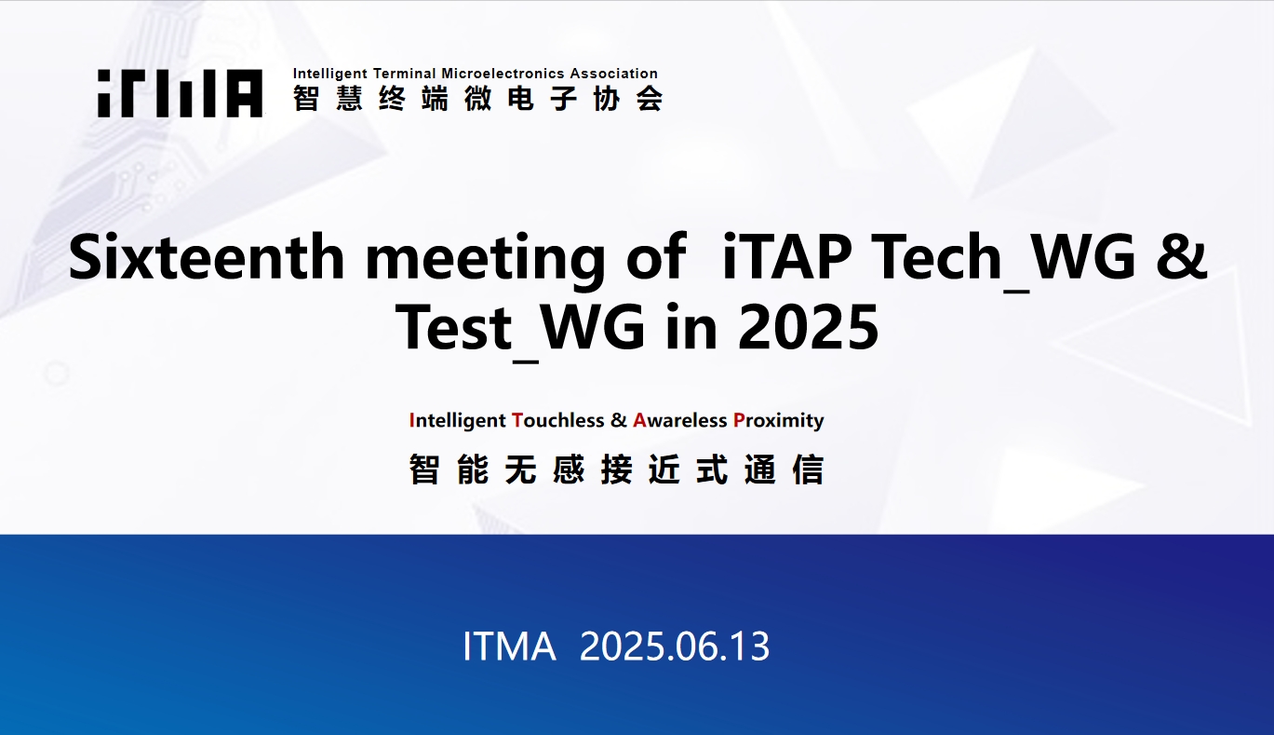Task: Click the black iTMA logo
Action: coord(180,93)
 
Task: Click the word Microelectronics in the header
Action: coord(503,74)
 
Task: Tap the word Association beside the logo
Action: coord(613,74)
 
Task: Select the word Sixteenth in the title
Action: coord(207,257)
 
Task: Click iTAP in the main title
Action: coord(786,257)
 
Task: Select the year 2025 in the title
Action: coord(808,327)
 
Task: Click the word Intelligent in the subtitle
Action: coord(457,421)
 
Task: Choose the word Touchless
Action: coord(558,420)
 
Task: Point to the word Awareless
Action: coord(679,420)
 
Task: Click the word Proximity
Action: coord(779,421)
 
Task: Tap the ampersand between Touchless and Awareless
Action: coord(618,420)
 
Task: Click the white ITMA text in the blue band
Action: coord(509,647)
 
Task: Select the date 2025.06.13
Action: coord(675,647)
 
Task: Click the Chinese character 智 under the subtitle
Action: coord(424,470)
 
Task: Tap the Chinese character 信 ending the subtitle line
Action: coord(808,470)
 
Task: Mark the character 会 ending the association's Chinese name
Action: coord(650,99)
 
